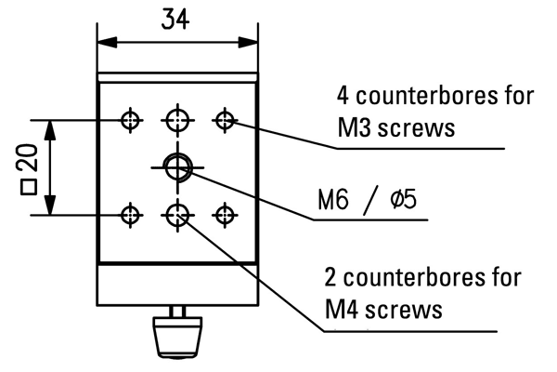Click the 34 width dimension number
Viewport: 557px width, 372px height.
point(174,20)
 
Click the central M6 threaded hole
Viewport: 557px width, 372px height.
point(176,166)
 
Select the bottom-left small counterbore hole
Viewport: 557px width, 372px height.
point(131,216)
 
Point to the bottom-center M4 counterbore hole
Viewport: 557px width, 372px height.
point(176,216)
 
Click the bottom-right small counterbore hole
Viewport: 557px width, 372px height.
point(223,216)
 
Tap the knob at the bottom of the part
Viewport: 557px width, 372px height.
point(176,334)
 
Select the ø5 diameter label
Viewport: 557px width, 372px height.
point(401,200)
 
